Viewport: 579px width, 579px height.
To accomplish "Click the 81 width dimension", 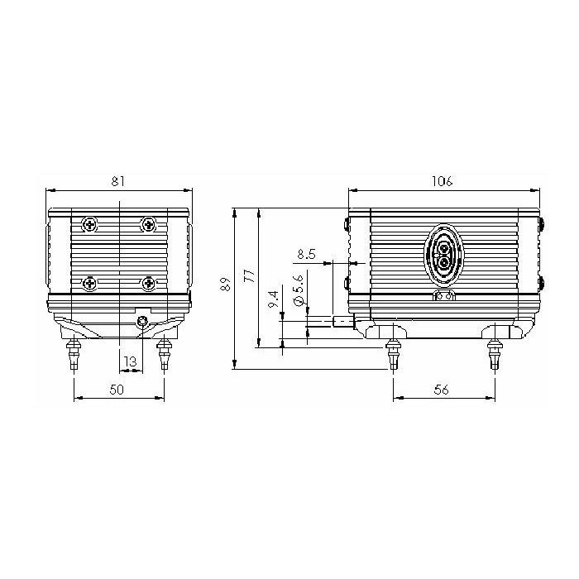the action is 118,181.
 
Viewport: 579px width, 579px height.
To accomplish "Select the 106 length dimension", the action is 442,181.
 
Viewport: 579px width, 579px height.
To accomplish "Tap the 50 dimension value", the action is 117,390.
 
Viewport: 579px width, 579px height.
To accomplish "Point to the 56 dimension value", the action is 441,390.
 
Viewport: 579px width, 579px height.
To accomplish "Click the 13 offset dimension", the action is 130,361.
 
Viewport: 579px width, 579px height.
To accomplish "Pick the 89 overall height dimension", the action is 226,284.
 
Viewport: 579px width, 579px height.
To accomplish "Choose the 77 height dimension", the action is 251,276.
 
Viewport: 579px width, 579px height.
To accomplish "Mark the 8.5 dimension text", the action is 307,254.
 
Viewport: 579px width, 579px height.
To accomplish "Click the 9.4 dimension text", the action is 274,299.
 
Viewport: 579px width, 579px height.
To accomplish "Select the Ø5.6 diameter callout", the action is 299,289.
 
